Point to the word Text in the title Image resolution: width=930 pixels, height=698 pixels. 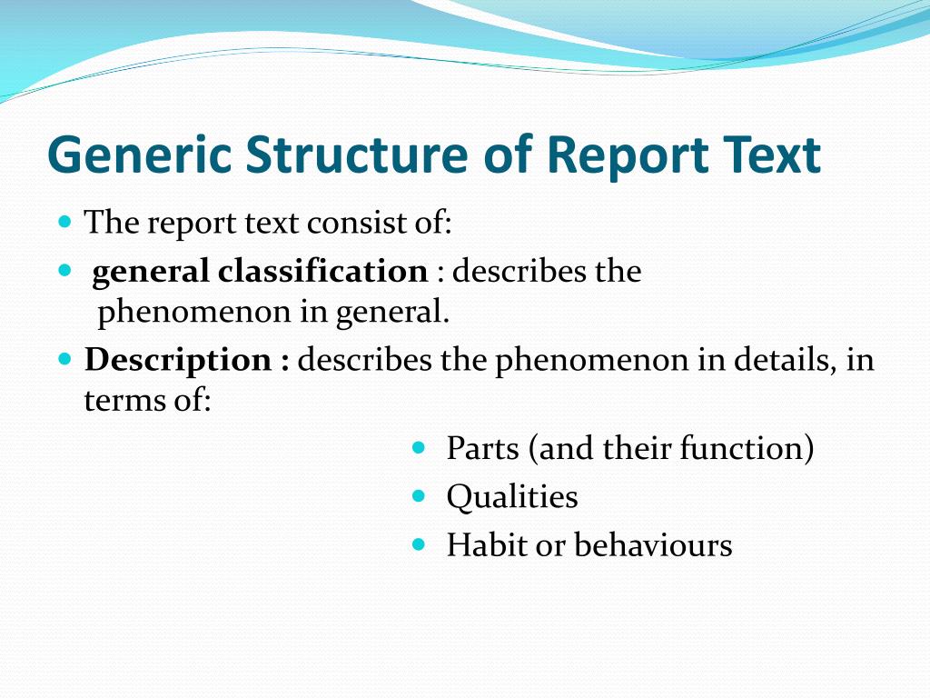[776, 155]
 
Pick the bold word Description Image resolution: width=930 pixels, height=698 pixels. [177, 361]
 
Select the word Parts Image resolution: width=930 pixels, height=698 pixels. [482, 448]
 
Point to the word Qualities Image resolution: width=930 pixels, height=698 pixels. [512, 497]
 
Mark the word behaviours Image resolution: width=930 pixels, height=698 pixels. [653, 545]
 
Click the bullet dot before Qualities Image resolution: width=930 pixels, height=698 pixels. [419, 496]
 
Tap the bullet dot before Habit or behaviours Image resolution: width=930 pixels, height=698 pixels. [419, 544]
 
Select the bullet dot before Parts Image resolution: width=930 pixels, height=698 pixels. [419, 447]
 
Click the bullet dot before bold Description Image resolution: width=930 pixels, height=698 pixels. [64, 359]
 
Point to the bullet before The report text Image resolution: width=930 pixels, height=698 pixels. [64, 222]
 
